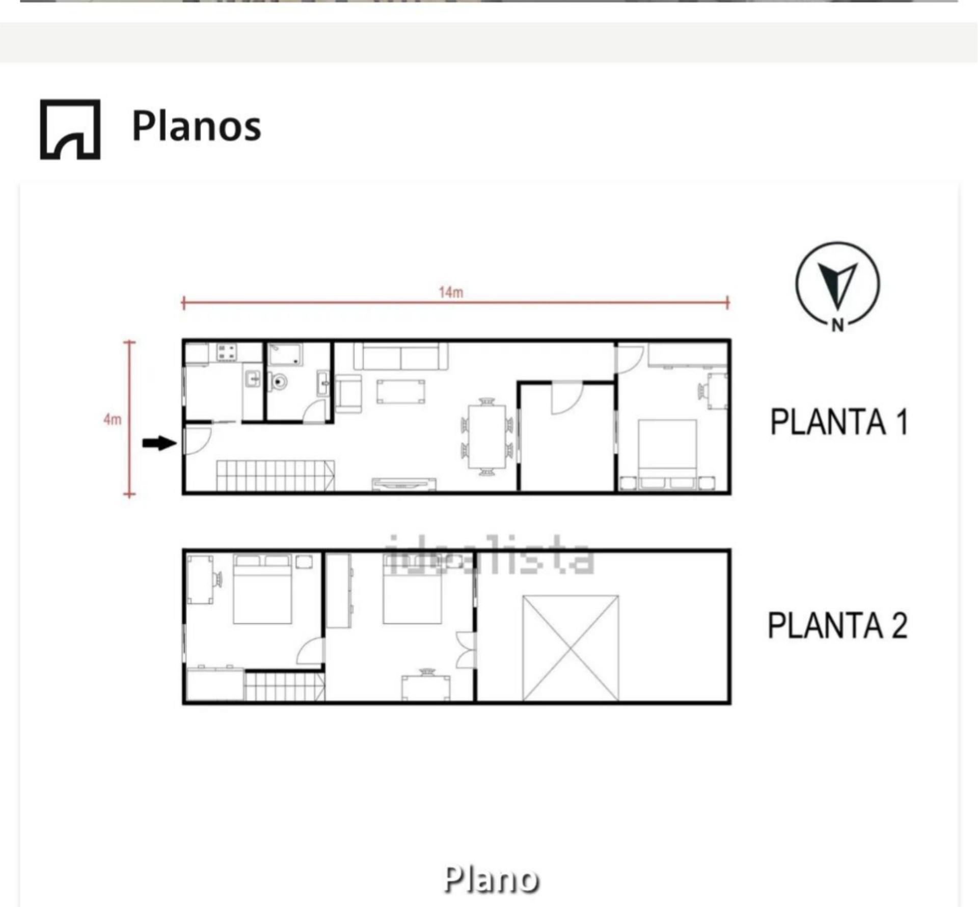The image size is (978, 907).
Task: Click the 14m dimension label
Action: point(451,292)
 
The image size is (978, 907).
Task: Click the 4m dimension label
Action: point(112,419)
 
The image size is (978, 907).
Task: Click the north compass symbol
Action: point(837,284)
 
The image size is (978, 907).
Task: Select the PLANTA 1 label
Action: point(838,422)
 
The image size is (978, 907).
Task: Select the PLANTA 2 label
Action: point(837,625)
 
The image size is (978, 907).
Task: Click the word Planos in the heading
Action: point(196,126)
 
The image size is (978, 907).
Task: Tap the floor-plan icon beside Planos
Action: point(70,129)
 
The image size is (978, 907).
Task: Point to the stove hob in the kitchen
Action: point(227,351)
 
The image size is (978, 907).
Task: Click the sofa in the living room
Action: point(401,356)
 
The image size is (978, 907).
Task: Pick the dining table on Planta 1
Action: point(487,436)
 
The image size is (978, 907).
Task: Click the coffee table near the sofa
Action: point(400,392)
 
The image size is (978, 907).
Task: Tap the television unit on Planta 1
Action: point(403,484)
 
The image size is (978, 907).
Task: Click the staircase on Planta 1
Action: point(275,476)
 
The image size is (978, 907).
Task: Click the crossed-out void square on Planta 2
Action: point(570,648)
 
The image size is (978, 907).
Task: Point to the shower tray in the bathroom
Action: point(285,354)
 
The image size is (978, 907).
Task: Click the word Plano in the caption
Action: point(491,879)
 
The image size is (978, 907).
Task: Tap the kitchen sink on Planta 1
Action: point(253,379)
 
